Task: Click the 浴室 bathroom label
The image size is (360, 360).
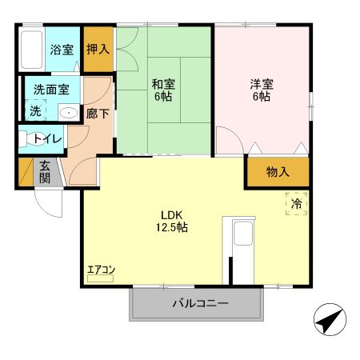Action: click(x=62, y=49)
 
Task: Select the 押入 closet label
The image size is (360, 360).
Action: click(x=98, y=48)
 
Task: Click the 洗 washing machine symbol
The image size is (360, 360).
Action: click(x=35, y=111)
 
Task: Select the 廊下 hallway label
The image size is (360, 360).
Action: click(x=97, y=113)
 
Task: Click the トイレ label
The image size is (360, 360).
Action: click(x=50, y=138)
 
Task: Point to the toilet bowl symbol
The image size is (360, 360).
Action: click(x=29, y=139)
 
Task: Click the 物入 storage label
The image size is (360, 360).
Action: click(x=278, y=172)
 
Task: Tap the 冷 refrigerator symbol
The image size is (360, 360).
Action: click(x=295, y=204)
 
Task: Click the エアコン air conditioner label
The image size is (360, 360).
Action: click(x=101, y=270)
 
